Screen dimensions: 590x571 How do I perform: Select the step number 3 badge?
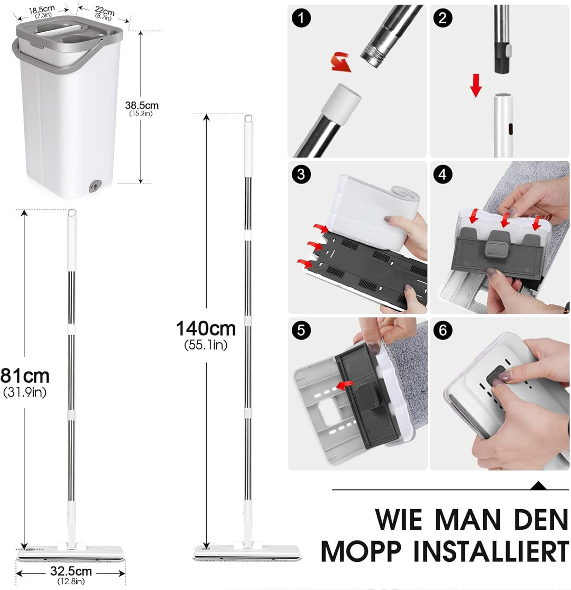click(x=301, y=175)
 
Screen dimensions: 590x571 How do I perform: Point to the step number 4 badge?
click(x=443, y=175)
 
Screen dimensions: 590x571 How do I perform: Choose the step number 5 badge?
click(x=301, y=330)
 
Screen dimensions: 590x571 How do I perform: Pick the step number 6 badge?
click(x=443, y=330)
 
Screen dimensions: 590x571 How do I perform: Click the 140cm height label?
click(x=206, y=329)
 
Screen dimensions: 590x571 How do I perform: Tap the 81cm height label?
click(x=25, y=376)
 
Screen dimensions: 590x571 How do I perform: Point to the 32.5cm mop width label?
click(x=71, y=571)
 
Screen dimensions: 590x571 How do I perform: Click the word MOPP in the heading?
click(x=368, y=551)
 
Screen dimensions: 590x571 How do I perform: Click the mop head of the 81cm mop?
click(x=71, y=554)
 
